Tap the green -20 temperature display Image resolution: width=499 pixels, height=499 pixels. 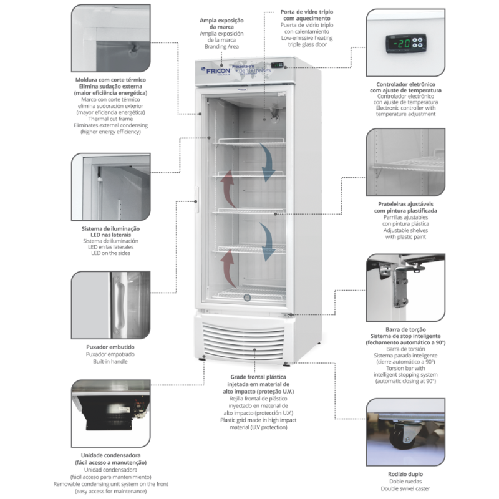(404, 44)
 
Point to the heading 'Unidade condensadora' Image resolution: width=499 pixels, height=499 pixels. (110, 455)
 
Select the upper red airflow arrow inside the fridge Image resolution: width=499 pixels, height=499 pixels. (228, 188)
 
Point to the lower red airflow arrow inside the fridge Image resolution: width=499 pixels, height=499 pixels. (229, 266)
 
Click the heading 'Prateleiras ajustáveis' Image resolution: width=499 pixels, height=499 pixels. (405, 204)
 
